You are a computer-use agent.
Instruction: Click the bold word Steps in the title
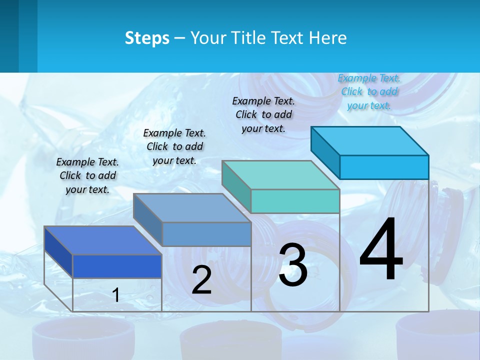147,38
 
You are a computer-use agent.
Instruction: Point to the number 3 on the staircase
293,265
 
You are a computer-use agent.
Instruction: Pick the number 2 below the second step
201,280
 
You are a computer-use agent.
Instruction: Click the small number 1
116,295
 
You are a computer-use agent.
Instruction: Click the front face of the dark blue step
117,266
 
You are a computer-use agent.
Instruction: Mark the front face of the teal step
295,201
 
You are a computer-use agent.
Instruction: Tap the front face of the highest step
384,167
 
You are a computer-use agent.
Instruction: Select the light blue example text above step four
369,92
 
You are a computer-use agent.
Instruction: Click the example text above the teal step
263,114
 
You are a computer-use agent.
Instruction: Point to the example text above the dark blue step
87,175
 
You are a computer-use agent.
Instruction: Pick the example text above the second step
174,146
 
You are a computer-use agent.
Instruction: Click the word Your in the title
207,38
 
